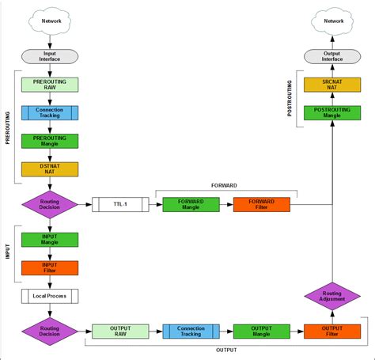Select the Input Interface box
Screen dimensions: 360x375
coord(50,56)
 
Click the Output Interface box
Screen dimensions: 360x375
coord(331,56)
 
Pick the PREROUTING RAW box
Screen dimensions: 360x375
coord(50,84)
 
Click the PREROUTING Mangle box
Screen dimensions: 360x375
coord(50,141)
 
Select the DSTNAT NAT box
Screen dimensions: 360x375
coord(50,169)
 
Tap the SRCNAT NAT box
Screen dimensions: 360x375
coord(331,84)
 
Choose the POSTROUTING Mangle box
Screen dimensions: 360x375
coord(331,112)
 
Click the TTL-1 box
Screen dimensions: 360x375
coord(120,204)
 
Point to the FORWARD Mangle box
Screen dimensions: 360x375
coord(191,204)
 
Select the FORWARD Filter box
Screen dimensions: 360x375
coord(261,204)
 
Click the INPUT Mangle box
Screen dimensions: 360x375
coord(50,240)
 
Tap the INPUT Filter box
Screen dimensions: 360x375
coord(50,267)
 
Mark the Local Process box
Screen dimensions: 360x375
coord(50,296)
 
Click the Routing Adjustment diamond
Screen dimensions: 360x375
coord(331,296)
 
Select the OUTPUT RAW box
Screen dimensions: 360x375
coord(120,332)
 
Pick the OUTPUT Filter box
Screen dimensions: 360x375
coord(331,332)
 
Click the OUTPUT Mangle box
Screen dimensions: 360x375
coord(261,332)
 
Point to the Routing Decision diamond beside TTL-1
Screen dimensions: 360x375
coord(50,204)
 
